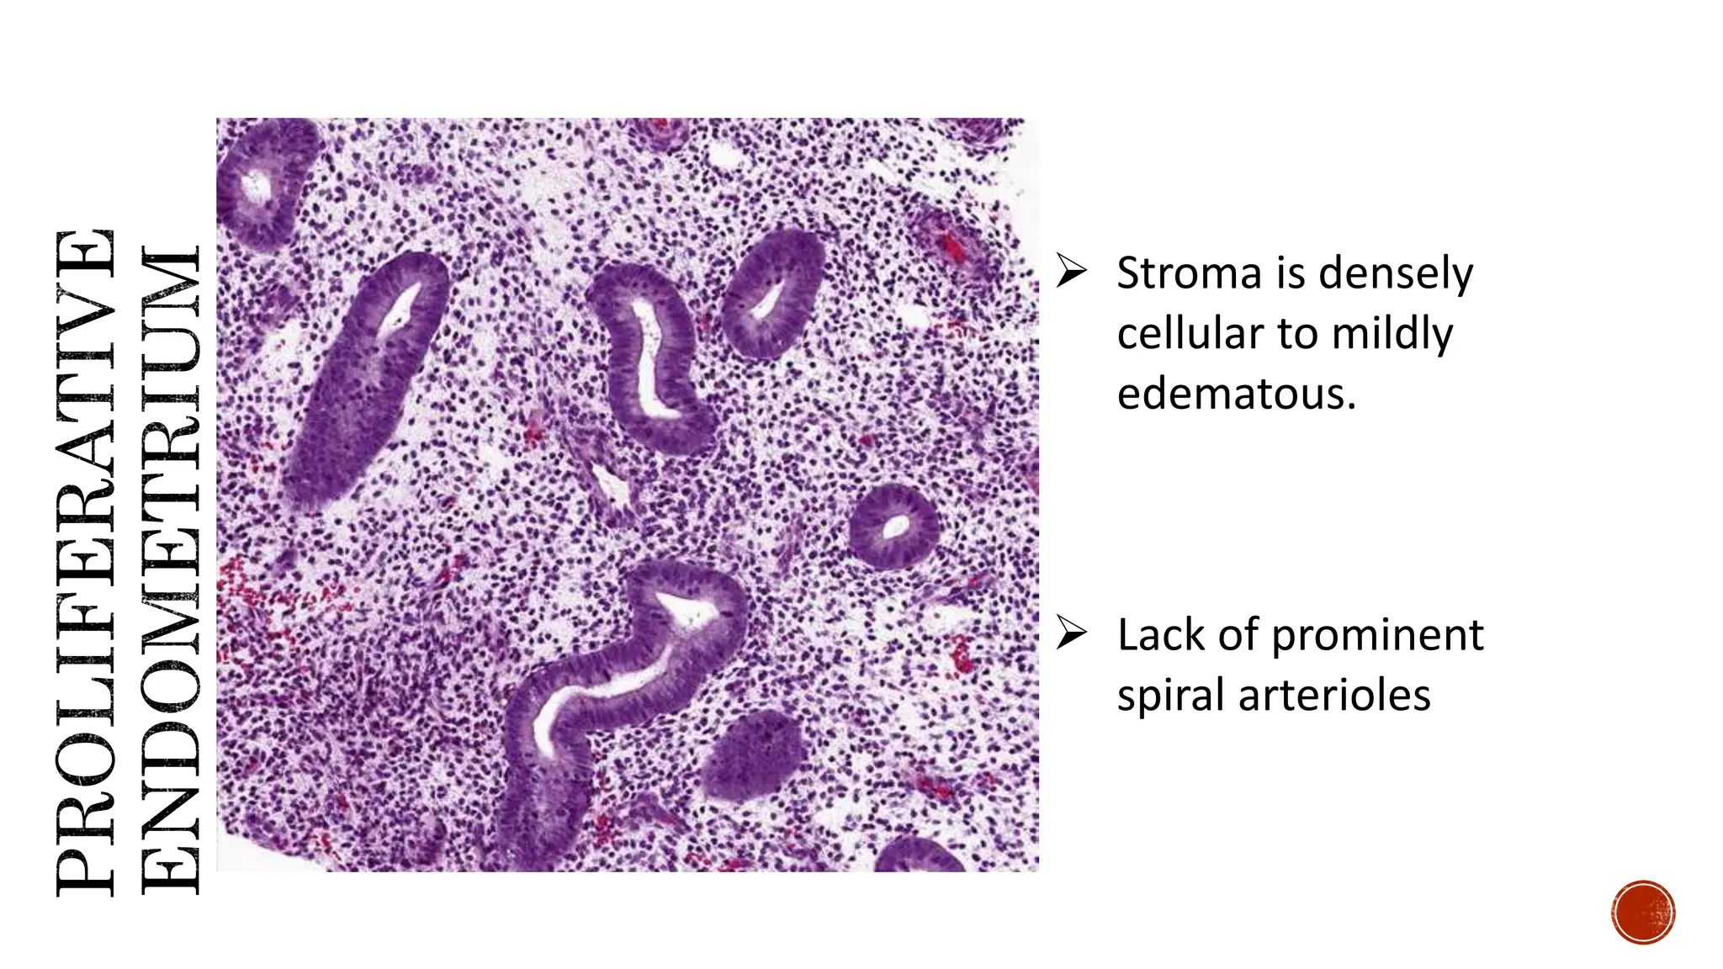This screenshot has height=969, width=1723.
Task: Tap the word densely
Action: point(1396,273)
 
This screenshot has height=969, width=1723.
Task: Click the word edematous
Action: point(1236,394)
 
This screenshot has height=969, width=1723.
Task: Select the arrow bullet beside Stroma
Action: point(1073,272)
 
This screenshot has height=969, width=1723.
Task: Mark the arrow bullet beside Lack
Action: point(1073,633)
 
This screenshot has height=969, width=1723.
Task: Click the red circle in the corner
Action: point(1643,912)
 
